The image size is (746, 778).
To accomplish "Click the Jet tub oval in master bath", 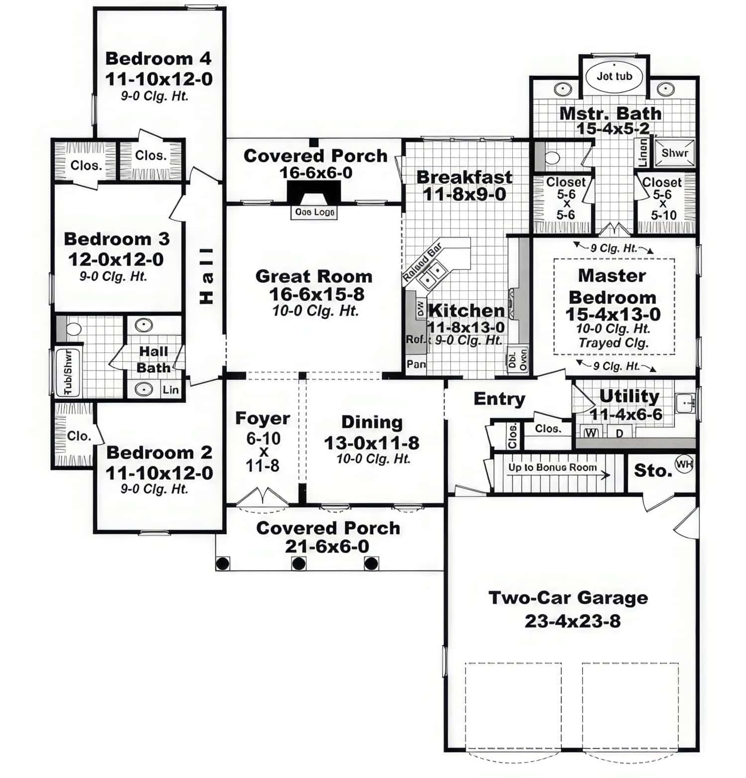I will coord(614,76).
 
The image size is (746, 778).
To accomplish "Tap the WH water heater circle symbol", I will coord(684,464).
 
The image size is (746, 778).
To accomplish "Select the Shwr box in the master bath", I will coord(674,153).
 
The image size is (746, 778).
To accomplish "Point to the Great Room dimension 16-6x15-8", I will coord(316,294).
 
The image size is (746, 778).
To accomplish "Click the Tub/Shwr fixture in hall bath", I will coord(67,372).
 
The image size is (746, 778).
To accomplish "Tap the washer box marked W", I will coord(591,433).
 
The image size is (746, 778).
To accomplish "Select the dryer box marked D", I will coord(619,433).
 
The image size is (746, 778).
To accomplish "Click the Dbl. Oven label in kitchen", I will coord(517,358).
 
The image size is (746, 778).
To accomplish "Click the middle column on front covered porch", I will coord(298,563).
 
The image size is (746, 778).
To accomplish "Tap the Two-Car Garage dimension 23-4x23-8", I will coord(572,621).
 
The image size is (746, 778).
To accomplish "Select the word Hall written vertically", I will coord(206,276).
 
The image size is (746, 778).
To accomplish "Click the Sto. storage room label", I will coord(653,470).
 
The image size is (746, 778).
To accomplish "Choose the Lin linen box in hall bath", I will coord(170,390).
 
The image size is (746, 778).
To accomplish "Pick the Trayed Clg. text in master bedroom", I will coord(614,343).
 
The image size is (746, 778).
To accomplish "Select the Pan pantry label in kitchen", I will coord(416,364).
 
